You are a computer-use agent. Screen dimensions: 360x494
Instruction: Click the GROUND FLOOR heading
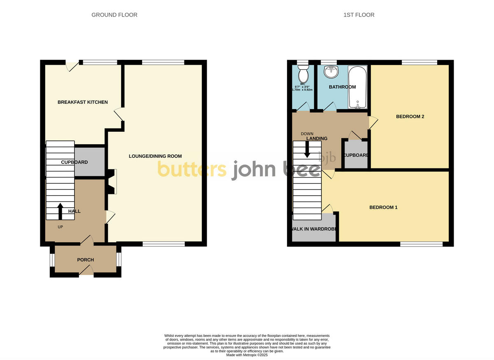coord(114,15)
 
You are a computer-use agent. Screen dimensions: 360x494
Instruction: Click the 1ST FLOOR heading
coord(359,15)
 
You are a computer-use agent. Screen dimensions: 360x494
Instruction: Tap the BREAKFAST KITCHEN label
coord(83,102)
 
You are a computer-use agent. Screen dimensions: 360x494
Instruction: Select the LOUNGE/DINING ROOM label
coord(155,156)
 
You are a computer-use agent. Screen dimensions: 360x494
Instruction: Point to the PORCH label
coord(86,260)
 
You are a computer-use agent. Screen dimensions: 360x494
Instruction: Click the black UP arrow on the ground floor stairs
coord(60,211)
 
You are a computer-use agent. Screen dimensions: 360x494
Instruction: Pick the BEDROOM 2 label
coord(410,117)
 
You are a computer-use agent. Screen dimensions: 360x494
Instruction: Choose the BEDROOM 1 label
coord(383,207)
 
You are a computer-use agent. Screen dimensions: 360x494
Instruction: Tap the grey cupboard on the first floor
coord(356,154)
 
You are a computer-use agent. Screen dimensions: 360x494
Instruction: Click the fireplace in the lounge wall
coord(112,181)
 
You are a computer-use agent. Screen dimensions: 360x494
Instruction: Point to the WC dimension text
coord(302,88)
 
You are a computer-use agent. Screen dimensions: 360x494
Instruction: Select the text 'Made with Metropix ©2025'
coord(247,355)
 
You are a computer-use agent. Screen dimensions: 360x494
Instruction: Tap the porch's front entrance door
coord(86,271)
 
